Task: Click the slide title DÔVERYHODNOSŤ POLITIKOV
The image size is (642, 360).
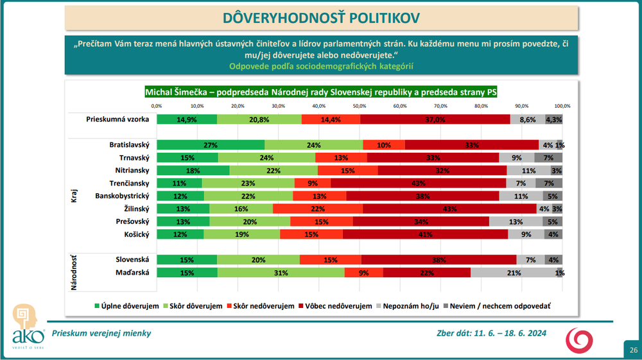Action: click(320, 17)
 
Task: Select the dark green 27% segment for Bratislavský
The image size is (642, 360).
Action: click(210, 145)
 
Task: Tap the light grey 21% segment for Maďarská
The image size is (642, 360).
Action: click(513, 273)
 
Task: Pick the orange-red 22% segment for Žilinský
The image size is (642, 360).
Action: click(318, 209)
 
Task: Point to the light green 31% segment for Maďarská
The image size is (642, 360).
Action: click(281, 273)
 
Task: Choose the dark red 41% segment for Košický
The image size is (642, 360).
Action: click(425, 234)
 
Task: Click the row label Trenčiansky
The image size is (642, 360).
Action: click(128, 184)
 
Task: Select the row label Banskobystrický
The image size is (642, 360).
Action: click(122, 196)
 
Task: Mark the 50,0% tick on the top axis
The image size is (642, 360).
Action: click(359, 106)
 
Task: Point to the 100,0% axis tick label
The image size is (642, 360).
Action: click(562, 106)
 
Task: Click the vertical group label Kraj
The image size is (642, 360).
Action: click(74, 195)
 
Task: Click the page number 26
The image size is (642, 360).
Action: click(633, 350)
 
